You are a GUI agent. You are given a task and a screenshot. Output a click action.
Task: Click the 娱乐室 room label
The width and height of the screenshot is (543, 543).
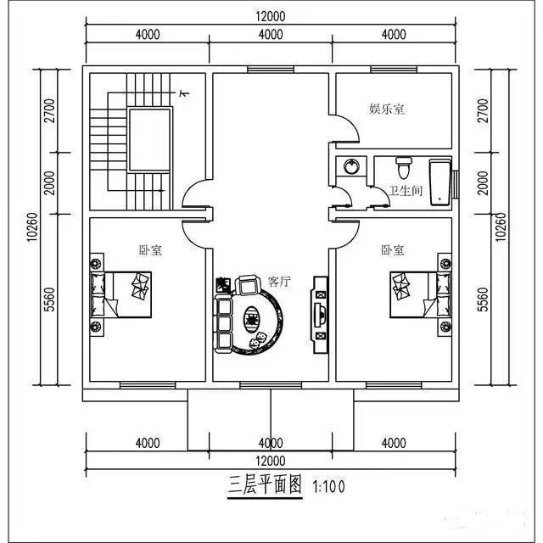point(385,109)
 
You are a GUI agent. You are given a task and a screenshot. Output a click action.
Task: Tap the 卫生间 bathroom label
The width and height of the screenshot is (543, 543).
point(406,192)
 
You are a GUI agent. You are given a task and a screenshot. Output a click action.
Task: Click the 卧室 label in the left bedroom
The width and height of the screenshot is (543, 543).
point(151,250)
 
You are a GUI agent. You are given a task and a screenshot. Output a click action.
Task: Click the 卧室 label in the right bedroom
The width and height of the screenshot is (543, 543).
point(392,250)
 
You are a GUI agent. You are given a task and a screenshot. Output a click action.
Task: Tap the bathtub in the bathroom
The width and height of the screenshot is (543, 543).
point(440,182)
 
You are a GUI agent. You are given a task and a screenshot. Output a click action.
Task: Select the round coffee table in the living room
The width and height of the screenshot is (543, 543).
point(254,318)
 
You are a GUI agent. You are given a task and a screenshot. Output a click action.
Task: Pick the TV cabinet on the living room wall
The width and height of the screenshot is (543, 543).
point(320,311)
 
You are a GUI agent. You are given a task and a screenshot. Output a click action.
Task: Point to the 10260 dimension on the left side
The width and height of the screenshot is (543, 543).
point(32,227)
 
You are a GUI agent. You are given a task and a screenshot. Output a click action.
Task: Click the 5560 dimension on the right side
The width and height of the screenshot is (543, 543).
point(483,299)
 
